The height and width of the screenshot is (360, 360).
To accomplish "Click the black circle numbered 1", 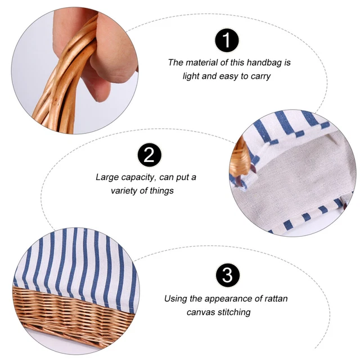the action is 227,40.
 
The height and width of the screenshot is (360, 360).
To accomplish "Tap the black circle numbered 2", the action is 149,155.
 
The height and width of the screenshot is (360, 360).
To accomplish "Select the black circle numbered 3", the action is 227,275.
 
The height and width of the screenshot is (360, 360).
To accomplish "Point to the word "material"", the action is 201,62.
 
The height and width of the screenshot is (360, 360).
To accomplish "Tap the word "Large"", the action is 107,178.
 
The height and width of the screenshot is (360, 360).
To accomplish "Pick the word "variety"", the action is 125,191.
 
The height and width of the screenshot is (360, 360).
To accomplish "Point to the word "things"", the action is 161,191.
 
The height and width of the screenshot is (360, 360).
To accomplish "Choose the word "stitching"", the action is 234,312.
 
